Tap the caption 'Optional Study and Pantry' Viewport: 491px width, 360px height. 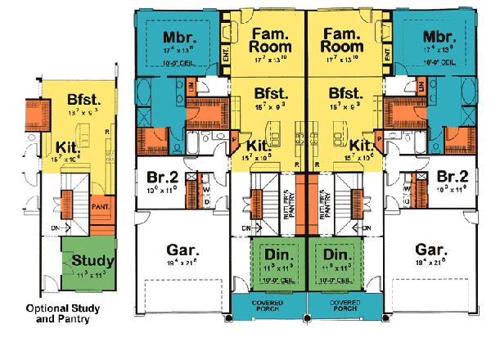tap(57, 313)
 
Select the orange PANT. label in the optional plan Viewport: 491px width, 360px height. tap(101, 208)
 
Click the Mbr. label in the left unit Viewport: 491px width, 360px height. tap(178, 37)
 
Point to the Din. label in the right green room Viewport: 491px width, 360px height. tap(336, 254)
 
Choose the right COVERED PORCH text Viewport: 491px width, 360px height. tap(336, 304)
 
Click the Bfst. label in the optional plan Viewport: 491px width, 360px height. tap(84, 101)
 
